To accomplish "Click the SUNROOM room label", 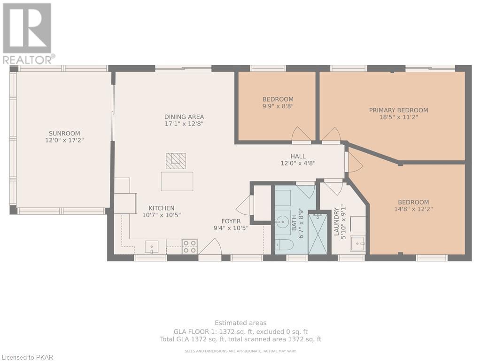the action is pos(64,133).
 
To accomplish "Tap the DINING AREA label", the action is pos(184,117).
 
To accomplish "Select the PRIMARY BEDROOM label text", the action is pos(398,110).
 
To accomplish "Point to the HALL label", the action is pos(298,156).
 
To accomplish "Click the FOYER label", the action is pos(231,221).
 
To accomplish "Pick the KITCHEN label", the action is pos(162,208).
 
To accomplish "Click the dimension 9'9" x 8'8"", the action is pos(278,106).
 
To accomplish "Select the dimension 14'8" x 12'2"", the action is pos(413,209).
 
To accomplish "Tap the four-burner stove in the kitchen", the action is pos(190,247).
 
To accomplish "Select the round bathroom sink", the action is pos(281,220).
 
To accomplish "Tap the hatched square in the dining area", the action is pos(176,161).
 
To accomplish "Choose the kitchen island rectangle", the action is pos(177,181).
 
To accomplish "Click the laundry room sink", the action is pos(358,243).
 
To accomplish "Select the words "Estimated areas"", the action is pos(240,323).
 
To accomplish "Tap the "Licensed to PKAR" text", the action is pos(27,357).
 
